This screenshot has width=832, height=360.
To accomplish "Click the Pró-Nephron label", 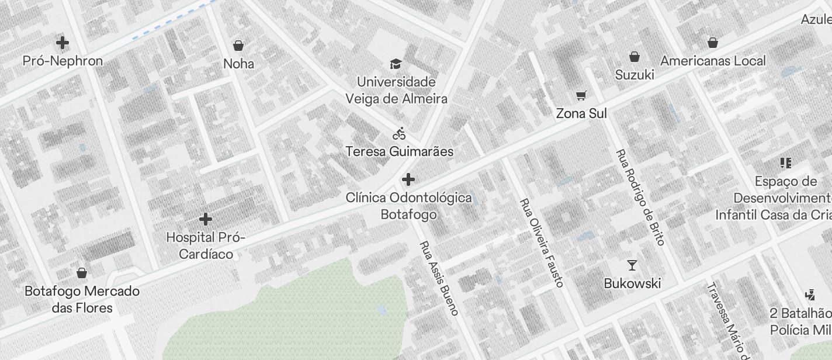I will pos(63,61).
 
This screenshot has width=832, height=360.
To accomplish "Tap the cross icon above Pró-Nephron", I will pos(63,43).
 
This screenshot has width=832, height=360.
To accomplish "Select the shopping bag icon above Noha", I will pos(238,45).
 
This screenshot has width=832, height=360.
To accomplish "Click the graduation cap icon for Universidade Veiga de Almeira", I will pos(396,63).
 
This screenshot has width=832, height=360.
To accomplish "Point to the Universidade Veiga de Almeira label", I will pos(396,90).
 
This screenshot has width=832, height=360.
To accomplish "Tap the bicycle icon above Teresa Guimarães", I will pos(399,134).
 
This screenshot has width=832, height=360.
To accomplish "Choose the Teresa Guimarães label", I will pos(399,151).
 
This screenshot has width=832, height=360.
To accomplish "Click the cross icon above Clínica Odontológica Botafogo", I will pos(408,179).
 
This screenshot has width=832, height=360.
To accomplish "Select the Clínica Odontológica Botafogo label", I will pos(408,206).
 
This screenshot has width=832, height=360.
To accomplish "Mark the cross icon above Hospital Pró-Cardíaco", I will pos(205,219).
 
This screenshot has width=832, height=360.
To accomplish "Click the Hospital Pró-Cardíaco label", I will pos(206,245).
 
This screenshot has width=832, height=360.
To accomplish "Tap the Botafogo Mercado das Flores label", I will pos(82,299).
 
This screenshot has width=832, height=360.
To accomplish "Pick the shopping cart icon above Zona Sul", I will pos(581,95).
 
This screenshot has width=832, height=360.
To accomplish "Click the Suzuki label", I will pos(635,75).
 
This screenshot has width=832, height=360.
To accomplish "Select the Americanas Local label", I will pos(713,61).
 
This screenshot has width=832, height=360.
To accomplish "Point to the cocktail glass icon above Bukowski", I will pos(632,265).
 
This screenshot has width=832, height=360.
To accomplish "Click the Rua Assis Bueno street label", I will pos(439,278).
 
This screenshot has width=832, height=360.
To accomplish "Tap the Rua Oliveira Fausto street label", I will pos(542,243).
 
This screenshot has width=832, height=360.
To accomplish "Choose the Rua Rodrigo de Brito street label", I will pos(640,197).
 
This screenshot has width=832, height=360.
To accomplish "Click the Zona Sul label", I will pos(581,113).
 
